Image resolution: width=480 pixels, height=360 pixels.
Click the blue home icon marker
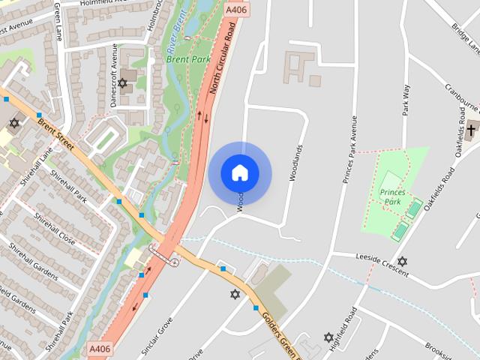pos(240,172)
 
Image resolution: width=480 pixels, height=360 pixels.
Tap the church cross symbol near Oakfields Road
pos(471,130)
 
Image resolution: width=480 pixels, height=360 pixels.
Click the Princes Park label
pos(392,197)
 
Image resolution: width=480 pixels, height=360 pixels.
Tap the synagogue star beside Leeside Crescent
pos(402,262)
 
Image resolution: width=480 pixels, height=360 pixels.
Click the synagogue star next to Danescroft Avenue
pos(122,82)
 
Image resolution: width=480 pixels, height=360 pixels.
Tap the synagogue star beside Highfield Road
pos(328,337)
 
